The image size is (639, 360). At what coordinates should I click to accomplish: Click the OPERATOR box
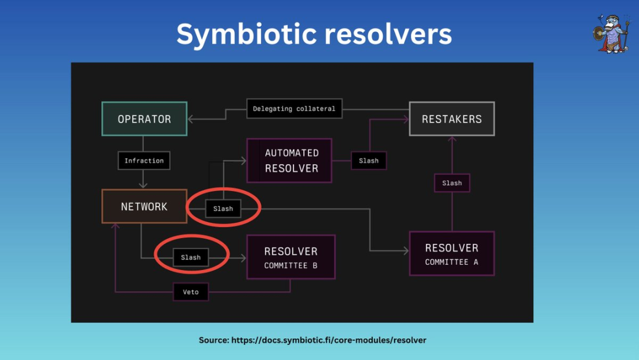coord(144,119)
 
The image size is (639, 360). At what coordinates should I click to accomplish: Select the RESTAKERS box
coord(451,119)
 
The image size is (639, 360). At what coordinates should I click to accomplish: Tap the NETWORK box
coord(144,207)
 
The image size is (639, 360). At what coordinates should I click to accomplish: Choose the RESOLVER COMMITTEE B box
coord(291,257)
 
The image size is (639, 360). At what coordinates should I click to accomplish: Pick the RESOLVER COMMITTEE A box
coord(451,253)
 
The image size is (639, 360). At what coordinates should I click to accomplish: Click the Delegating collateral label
coord(294,109)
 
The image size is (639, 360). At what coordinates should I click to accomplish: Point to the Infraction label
coord(144,160)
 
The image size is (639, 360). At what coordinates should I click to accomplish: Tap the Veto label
coord(191,292)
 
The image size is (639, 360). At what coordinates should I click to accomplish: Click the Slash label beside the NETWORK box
coord(223,208)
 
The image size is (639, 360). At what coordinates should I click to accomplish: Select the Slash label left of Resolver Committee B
coord(191,258)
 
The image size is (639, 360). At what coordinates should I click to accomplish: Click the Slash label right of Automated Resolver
coord(369,160)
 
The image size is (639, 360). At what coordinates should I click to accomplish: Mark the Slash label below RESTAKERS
coord(452,183)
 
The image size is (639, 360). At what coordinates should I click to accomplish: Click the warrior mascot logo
coord(609,33)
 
